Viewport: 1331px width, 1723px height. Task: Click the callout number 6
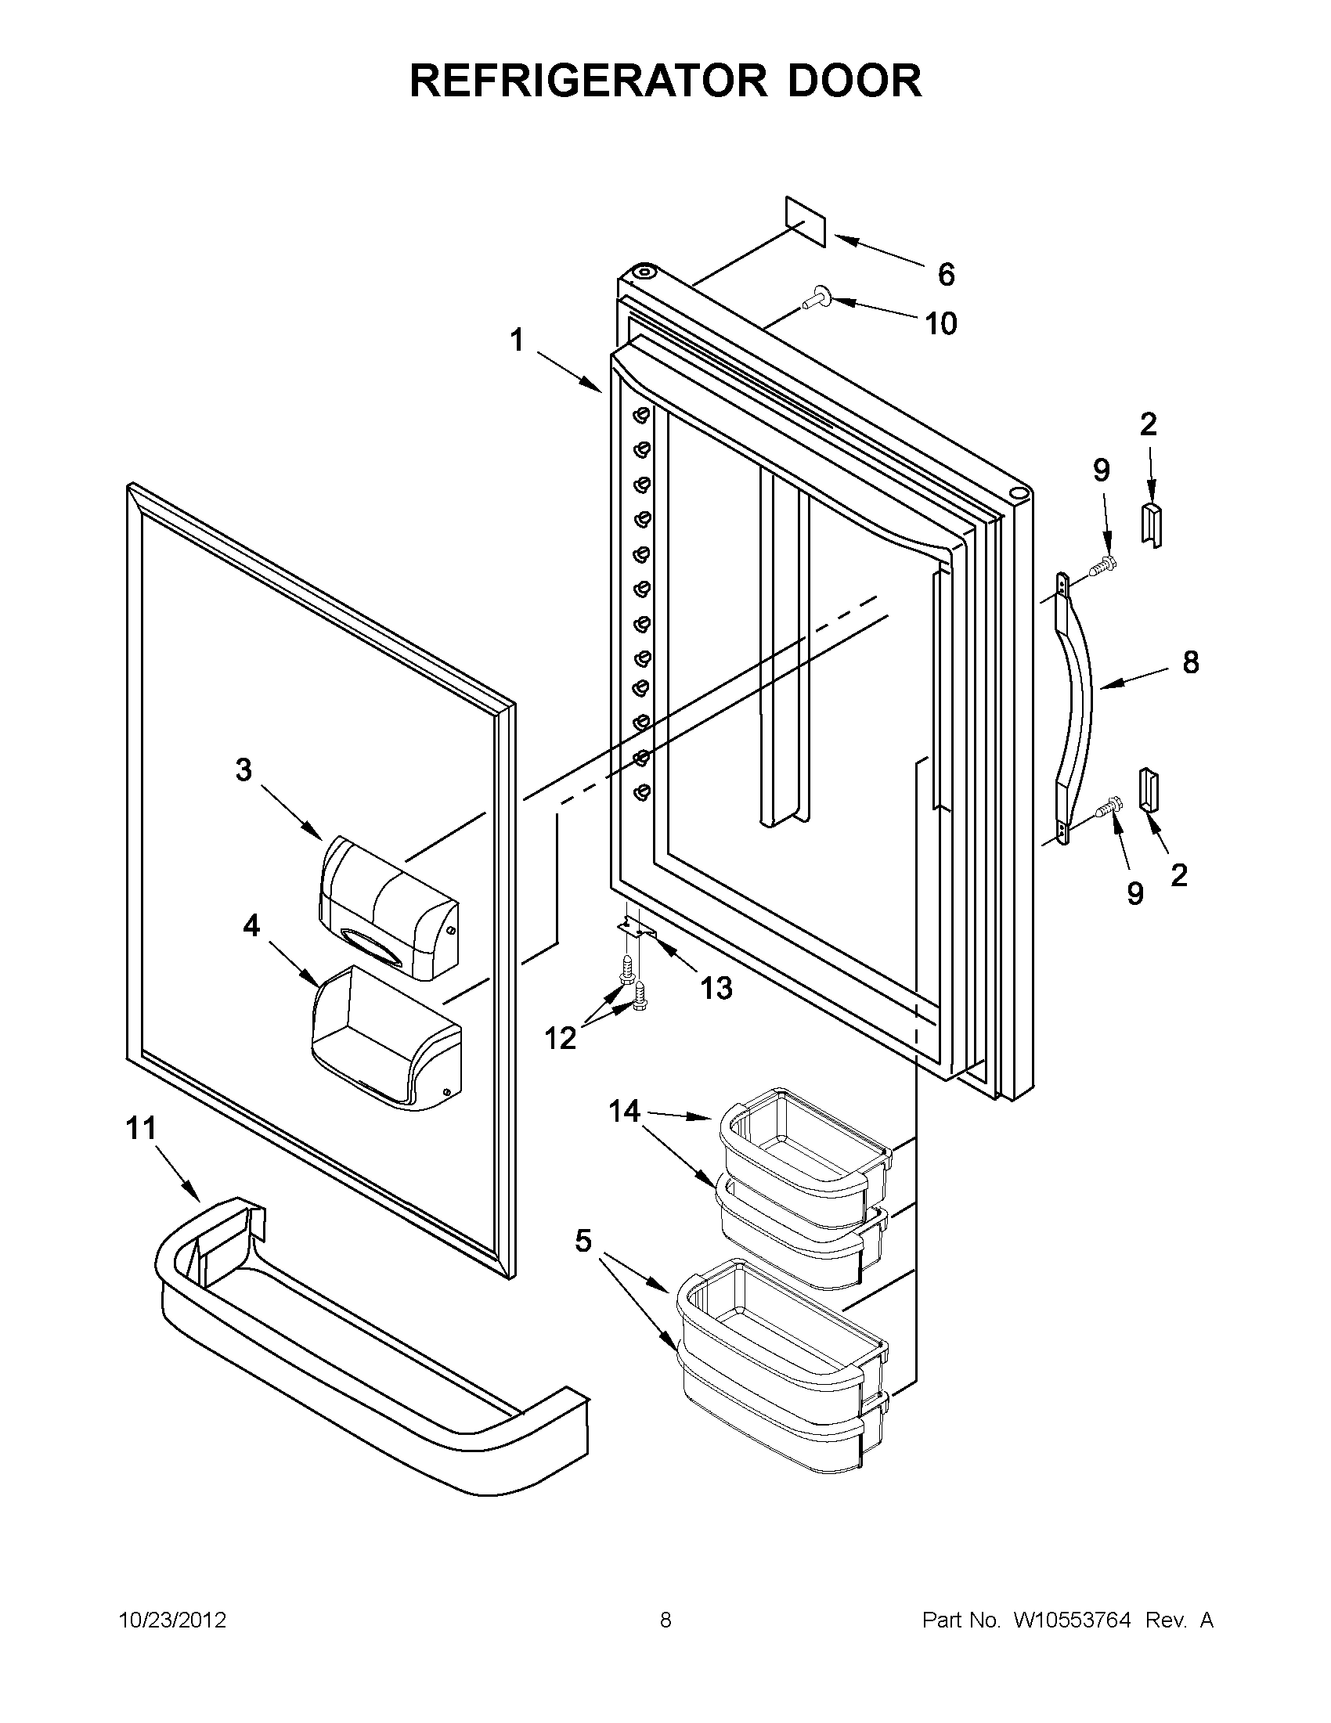coord(946,275)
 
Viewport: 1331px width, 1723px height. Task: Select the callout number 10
coord(940,323)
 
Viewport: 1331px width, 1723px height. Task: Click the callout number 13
coord(716,987)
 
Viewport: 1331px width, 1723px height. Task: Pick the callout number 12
coord(560,1038)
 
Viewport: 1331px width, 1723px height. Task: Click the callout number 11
coord(141,1128)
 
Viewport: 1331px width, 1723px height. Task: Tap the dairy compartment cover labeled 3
coord(388,907)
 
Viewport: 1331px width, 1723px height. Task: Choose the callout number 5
coord(583,1241)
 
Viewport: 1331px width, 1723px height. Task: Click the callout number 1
coord(517,341)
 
